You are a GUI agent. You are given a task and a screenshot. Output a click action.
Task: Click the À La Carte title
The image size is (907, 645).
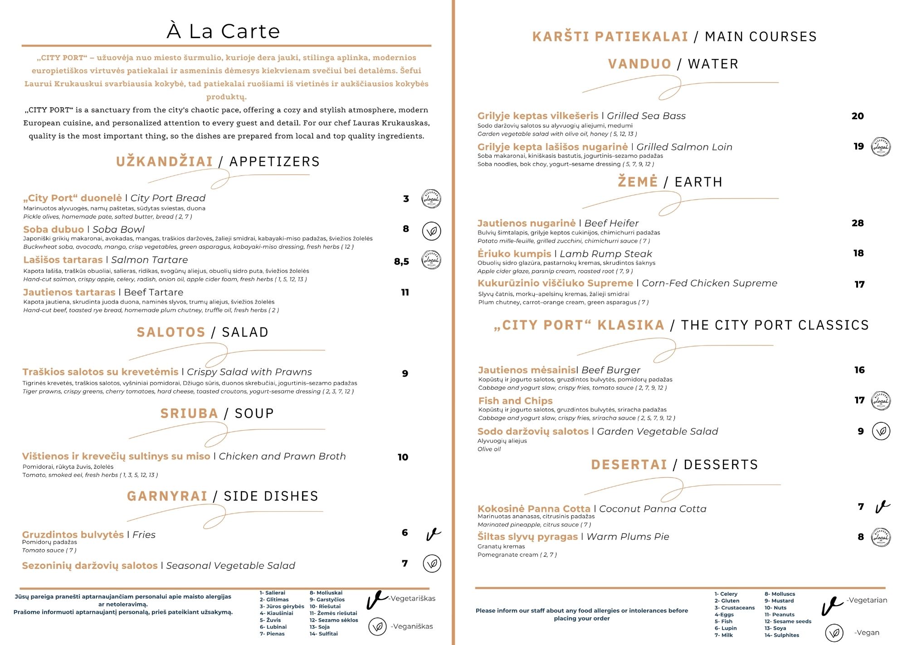click(223, 31)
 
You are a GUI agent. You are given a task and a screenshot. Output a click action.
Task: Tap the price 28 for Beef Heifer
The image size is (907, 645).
click(858, 223)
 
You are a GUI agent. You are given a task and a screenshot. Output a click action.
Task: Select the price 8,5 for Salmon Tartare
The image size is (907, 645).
click(401, 262)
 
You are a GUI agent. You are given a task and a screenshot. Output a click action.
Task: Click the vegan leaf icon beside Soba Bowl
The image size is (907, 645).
click(431, 231)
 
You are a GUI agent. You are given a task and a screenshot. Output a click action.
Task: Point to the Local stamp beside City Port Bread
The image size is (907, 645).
click(431, 199)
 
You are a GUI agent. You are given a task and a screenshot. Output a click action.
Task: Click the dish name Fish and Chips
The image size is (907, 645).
click(515, 401)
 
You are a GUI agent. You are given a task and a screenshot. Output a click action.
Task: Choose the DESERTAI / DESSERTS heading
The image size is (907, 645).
click(674, 465)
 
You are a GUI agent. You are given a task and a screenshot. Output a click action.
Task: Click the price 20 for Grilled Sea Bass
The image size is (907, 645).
click(858, 116)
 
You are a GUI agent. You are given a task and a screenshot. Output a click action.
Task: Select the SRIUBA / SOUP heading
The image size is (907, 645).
click(217, 413)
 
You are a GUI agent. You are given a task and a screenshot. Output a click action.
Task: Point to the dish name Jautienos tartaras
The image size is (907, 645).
click(69, 292)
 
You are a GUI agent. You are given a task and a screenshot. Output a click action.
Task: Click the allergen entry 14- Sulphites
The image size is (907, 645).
click(782, 635)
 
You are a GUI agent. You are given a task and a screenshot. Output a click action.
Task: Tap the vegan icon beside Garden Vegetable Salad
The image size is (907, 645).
click(881, 431)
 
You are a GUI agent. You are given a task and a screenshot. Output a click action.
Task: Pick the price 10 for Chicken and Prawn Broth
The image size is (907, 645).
click(403, 457)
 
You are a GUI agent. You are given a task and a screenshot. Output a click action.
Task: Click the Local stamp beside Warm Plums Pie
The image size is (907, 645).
click(881, 538)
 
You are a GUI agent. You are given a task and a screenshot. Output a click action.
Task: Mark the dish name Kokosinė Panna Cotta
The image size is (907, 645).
click(534, 509)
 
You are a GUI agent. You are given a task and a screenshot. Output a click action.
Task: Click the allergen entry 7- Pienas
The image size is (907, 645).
click(272, 634)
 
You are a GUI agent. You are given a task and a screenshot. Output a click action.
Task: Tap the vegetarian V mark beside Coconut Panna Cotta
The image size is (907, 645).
click(882, 507)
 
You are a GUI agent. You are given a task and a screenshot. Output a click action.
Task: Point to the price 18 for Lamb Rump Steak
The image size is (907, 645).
click(858, 253)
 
